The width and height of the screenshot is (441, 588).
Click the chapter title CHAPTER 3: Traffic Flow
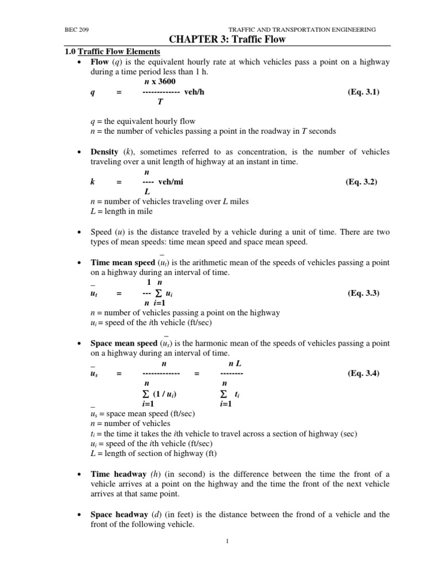pos(227,40)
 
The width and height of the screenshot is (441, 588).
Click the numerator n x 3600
pos(160,82)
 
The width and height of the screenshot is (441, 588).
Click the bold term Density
pos(105,152)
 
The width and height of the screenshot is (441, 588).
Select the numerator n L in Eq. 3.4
pos(234,363)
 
